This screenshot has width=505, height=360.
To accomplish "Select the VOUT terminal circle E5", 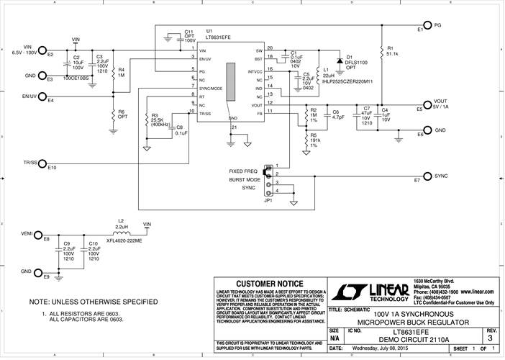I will [427, 106].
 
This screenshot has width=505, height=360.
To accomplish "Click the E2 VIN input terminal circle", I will [42, 50].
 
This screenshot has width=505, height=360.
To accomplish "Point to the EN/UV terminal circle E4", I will [42, 96].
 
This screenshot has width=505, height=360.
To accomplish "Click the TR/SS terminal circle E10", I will [42, 163].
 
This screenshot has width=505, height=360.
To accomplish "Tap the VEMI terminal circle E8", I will [42, 234].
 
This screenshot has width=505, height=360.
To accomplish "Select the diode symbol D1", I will [340, 62].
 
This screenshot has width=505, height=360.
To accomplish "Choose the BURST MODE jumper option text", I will [245, 179].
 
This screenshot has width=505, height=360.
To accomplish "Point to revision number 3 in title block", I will [490, 337].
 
